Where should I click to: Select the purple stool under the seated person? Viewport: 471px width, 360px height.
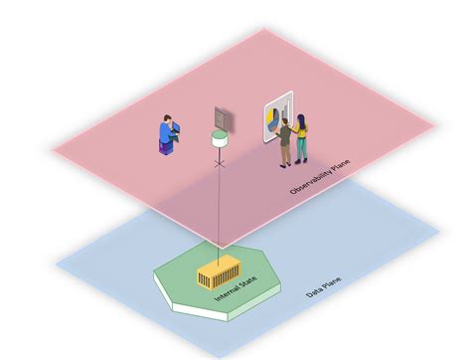tap(165, 146)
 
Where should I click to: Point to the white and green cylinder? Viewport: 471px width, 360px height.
tap(219, 142)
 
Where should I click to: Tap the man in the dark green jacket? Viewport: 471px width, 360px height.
tap(285, 138)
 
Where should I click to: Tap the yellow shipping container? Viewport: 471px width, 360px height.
tap(216, 272)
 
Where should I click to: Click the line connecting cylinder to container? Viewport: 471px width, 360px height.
tap(219, 209)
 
